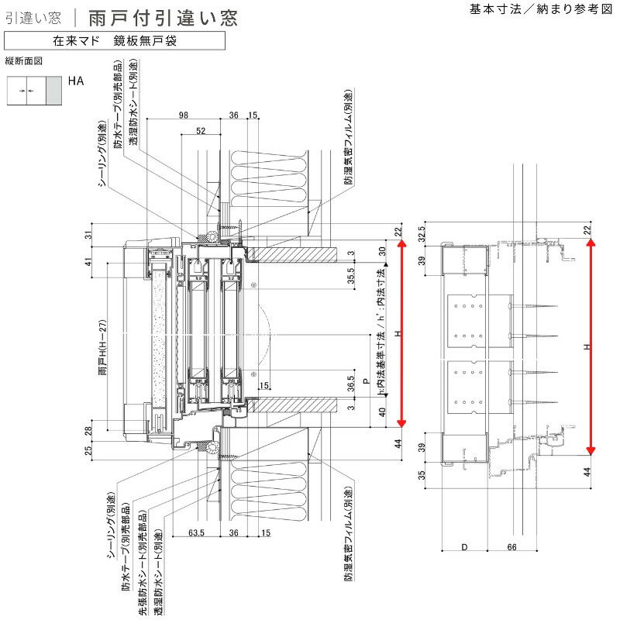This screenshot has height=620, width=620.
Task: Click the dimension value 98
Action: coord(183,115)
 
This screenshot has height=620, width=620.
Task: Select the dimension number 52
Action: coord(201,131)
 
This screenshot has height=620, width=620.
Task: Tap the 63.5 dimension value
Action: coord(195,532)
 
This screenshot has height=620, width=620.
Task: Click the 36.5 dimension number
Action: coord(350,384)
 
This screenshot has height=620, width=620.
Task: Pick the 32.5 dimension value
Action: coord(422,234)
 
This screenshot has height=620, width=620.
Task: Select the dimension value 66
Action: coord(511,547)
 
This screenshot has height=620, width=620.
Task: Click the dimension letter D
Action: coord(464,547)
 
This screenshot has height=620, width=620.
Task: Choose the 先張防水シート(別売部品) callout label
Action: coord(142,556)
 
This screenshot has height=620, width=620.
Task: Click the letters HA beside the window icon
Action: coord(75,80)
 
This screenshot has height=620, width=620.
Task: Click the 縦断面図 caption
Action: coord(22,60)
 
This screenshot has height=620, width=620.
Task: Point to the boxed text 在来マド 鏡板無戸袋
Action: coord(115,40)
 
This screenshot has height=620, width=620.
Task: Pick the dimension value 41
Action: coord(88,262)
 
